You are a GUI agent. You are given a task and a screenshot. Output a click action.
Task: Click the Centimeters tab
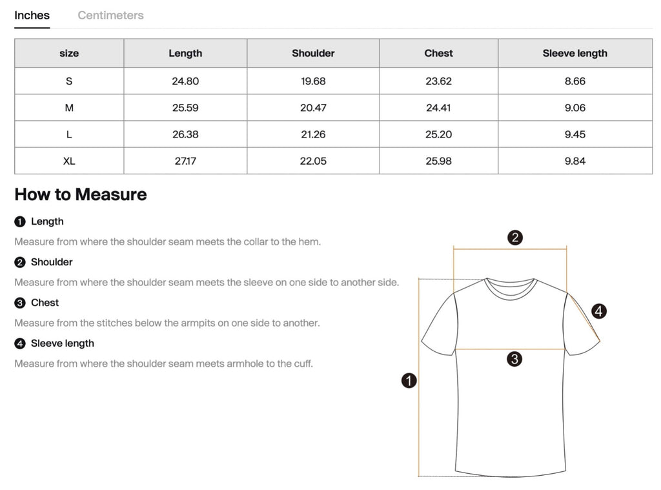click(x=110, y=15)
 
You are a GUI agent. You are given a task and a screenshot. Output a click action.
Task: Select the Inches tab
click(x=32, y=15)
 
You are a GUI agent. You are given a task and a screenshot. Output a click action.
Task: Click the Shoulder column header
click(x=313, y=54)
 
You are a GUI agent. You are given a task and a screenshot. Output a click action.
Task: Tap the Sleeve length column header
click(x=575, y=54)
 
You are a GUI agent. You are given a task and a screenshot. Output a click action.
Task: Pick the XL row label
click(x=69, y=161)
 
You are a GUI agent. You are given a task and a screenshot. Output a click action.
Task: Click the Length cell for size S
click(x=185, y=81)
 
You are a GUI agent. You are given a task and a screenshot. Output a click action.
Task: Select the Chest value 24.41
click(x=438, y=108)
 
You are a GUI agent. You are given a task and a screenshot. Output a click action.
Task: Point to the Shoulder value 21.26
click(x=313, y=134)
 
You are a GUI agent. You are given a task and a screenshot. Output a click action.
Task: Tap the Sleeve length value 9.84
click(x=575, y=161)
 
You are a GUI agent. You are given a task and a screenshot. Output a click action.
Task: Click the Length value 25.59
click(x=185, y=108)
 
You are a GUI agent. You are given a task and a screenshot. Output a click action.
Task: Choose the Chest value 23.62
click(x=438, y=81)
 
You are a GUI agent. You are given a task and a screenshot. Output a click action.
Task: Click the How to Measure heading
click(x=81, y=194)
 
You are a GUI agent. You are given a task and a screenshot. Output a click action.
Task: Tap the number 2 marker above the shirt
click(x=514, y=238)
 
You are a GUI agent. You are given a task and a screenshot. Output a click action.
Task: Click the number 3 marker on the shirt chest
click(x=514, y=359)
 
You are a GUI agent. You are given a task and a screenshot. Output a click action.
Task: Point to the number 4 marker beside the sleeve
click(x=599, y=311)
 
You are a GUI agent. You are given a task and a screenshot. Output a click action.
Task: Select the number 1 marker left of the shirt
click(x=409, y=381)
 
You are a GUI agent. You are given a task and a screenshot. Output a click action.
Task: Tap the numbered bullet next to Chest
click(x=19, y=303)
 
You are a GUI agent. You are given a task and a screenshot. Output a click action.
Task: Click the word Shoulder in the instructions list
click(x=52, y=262)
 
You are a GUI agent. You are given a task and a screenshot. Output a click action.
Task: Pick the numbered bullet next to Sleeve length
click(x=19, y=343)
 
